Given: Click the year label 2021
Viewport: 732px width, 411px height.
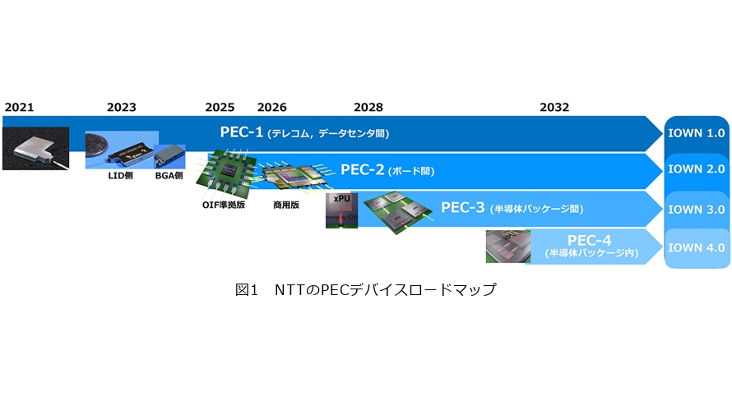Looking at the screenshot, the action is [19, 108].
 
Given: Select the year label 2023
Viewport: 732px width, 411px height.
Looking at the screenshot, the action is [122, 108].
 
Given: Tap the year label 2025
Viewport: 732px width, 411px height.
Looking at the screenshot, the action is [220, 108].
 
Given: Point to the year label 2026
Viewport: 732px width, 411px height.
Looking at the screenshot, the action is [271, 108].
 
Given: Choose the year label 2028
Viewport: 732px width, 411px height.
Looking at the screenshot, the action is [368, 108].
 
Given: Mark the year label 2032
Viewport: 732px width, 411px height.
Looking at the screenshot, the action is [554, 108].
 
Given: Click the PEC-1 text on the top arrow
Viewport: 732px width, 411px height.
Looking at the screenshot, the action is [242, 132].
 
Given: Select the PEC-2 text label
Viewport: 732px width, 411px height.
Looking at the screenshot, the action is [362, 169].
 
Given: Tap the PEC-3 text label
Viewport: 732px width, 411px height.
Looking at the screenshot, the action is [462, 207].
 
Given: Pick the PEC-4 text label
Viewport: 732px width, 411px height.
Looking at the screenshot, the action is [589, 240].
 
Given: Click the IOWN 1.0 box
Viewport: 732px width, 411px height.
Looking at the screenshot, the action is [697, 133].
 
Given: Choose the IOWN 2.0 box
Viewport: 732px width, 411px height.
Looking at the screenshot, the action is [697, 169].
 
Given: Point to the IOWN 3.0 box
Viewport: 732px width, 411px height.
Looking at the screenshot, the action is [697, 210].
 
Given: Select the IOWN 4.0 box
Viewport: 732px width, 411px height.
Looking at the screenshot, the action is [697, 247].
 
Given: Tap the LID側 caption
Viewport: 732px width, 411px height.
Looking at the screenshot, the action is [120, 176].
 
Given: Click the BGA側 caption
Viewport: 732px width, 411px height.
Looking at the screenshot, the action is [169, 176].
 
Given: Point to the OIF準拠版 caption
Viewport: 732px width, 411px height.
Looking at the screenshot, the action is [224, 205].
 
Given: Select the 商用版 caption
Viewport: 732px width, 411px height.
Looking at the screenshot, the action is [286, 205].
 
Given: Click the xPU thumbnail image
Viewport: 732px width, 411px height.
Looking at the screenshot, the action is [341, 210].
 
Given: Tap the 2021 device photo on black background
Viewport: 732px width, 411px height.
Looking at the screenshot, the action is [36, 148].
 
